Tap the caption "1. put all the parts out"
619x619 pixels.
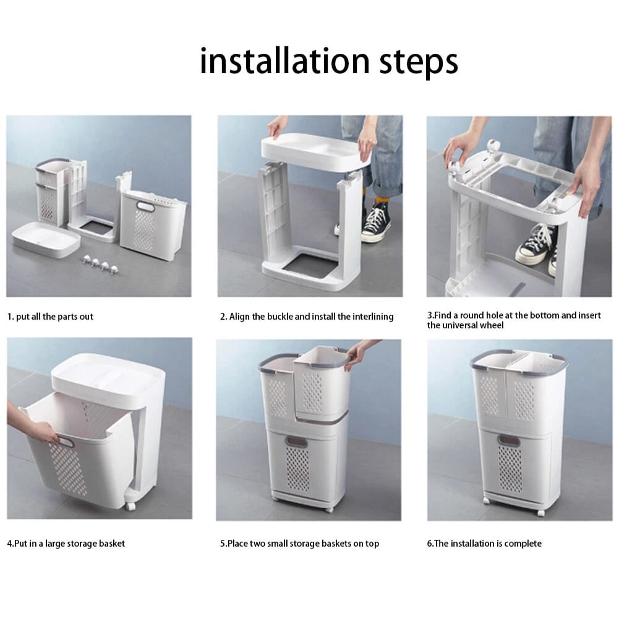(x=50, y=317)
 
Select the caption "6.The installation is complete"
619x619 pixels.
(x=484, y=544)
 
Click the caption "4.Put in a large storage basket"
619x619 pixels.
(x=66, y=544)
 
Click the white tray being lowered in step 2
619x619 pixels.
(x=315, y=151)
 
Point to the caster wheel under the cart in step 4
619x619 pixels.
(x=130, y=505)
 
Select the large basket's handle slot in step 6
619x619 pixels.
(x=508, y=440)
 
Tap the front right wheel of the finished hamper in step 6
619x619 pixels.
(x=541, y=512)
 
